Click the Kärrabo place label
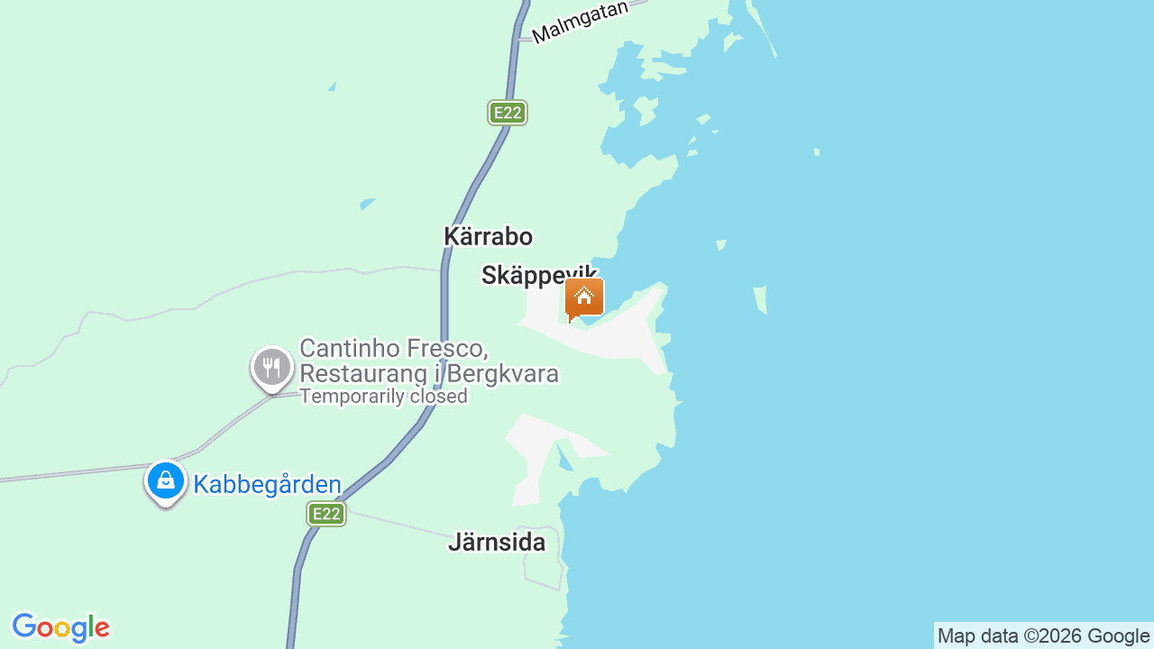pos(488,236)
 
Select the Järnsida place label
pos(497,543)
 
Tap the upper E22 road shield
pos(508,113)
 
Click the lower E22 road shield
pos(325,514)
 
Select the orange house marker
pos(584,298)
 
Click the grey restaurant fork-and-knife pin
pos(271,368)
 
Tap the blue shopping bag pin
pos(166,481)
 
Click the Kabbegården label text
pos(267,485)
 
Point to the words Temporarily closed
pos(383,397)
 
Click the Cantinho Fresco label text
pos(394,349)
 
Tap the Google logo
pos(60,627)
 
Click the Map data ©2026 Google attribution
pos(1043,635)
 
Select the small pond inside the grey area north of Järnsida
pos(563,458)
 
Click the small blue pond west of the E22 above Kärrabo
pos(367,204)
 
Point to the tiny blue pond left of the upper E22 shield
pos(332,87)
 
